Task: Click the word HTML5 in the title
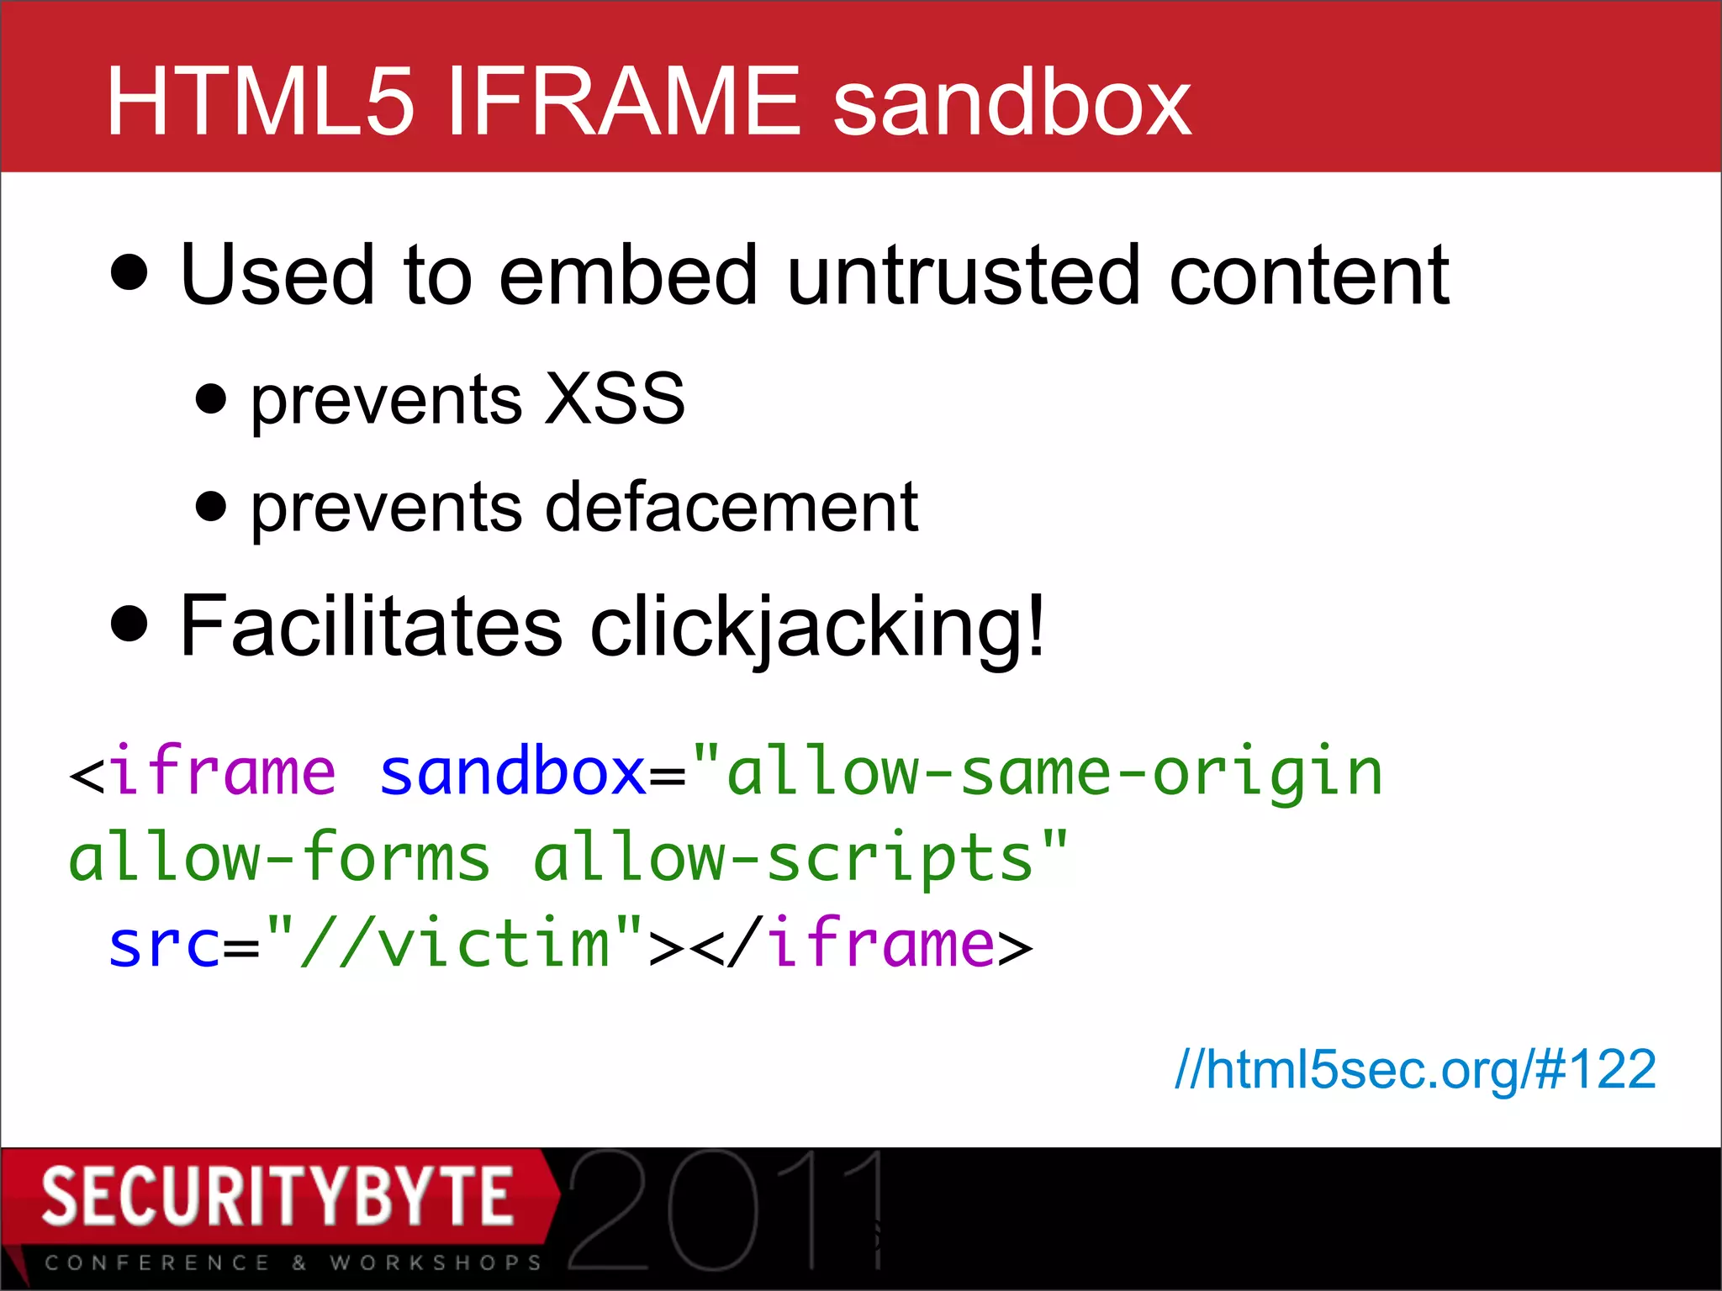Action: (261, 103)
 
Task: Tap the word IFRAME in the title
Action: (623, 103)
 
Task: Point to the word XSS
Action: (615, 398)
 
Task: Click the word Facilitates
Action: (371, 626)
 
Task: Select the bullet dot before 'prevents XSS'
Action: (210, 399)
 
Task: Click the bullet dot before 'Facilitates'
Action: (129, 624)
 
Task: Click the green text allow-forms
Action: (278, 858)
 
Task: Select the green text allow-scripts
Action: (783, 858)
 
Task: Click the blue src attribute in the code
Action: (165, 945)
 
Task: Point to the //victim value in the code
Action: (455, 945)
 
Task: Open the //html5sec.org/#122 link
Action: (1415, 1070)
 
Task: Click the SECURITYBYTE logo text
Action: (277, 1196)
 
